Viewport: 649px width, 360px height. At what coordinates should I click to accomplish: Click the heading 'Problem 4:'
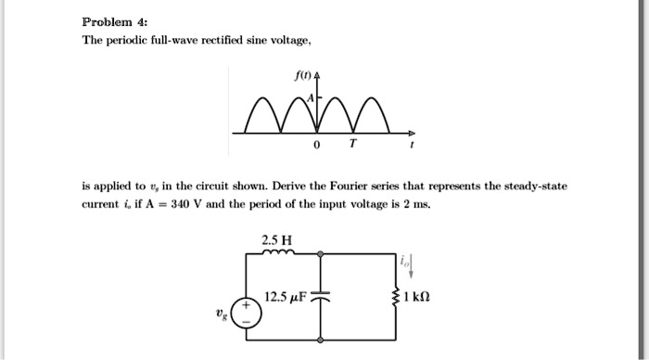[x=109, y=20]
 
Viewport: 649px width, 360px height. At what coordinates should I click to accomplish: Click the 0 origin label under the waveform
[x=316, y=147]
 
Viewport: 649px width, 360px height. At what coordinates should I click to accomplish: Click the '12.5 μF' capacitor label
[x=285, y=298]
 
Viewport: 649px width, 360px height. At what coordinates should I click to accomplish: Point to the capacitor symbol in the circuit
[x=320, y=299]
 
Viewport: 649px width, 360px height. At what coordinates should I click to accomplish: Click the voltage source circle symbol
[x=247, y=311]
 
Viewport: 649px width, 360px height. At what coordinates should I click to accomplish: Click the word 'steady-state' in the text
[x=534, y=186]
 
